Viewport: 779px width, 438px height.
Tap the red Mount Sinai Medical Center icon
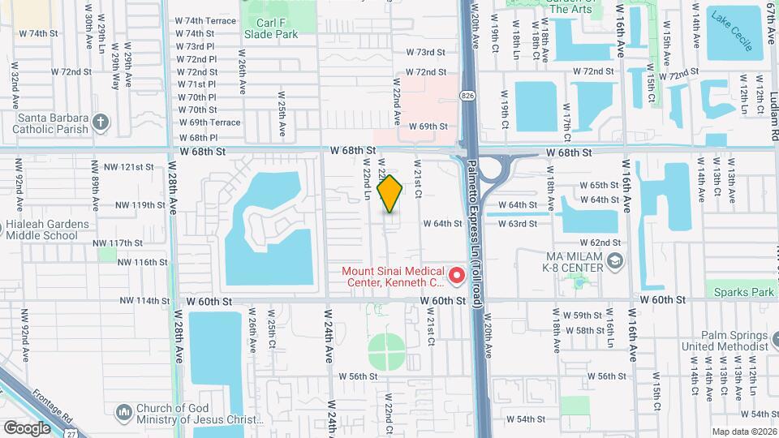point(457,277)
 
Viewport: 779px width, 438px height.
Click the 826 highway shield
point(468,97)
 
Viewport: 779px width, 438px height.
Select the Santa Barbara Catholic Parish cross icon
point(101,122)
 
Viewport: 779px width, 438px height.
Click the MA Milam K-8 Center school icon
point(615,260)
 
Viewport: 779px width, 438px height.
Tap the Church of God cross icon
point(123,412)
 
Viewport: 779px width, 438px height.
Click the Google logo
point(26,427)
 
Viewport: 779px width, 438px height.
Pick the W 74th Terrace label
point(206,20)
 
